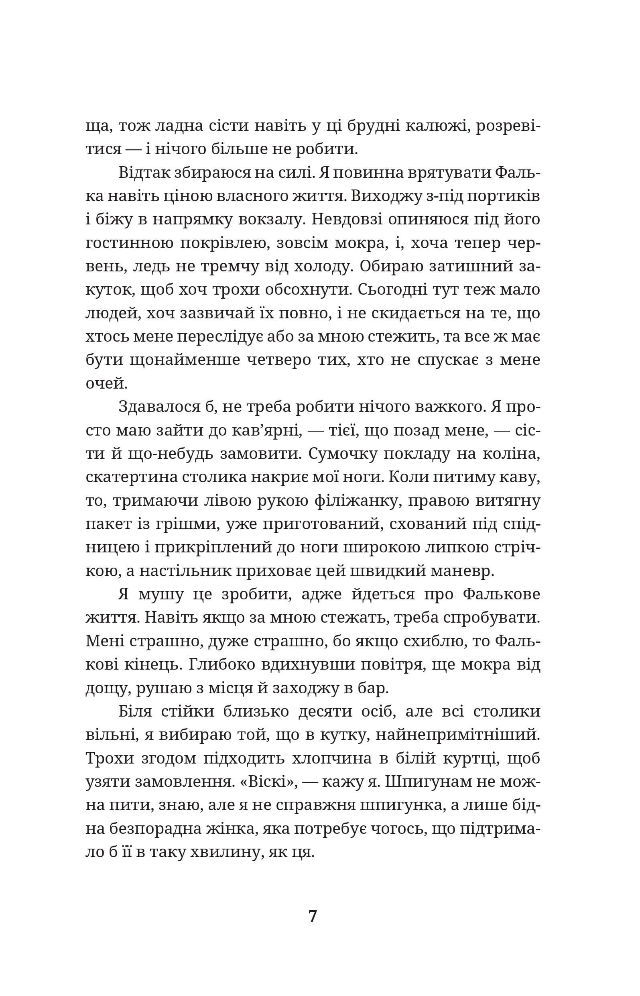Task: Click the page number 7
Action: (313, 916)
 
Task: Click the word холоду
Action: (319, 266)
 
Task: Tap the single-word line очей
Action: (106, 383)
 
